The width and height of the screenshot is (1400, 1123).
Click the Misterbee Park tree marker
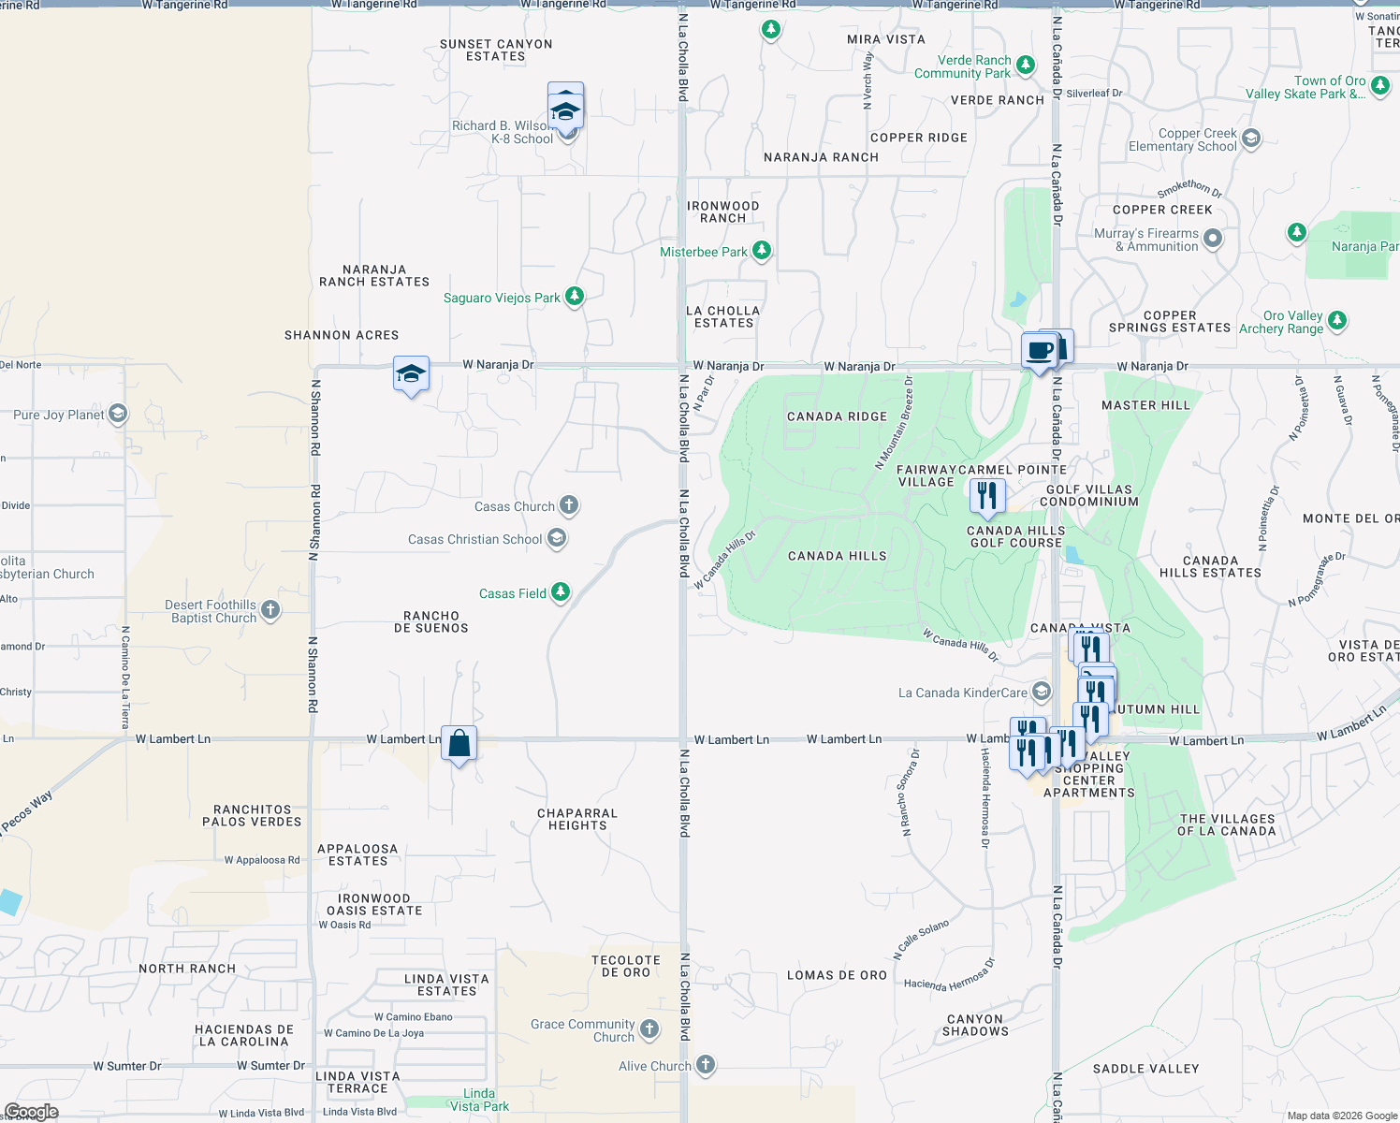click(x=762, y=250)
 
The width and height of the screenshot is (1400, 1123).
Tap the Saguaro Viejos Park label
click(x=502, y=298)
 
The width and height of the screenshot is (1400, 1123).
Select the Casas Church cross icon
click(x=569, y=505)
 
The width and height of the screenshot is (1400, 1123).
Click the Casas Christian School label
click(x=474, y=539)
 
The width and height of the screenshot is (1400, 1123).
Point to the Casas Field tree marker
click(x=561, y=591)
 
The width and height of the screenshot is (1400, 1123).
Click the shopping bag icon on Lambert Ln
click(x=459, y=744)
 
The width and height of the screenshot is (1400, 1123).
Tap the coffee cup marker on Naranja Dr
click(x=1039, y=352)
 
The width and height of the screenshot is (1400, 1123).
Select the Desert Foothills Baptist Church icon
click(x=270, y=610)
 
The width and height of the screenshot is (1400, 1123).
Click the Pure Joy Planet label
click(x=59, y=415)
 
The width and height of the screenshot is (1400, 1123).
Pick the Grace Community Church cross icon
click(x=649, y=1029)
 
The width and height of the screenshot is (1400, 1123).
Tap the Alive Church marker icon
click(x=706, y=1064)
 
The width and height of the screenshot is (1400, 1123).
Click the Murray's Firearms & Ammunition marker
click(x=1213, y=239)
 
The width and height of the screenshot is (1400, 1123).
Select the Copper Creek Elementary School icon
click(x=1251, y=139)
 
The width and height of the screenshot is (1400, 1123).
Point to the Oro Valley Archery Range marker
click(x=1337, y=320)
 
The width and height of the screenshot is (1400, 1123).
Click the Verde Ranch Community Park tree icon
click(x=1026, y=65)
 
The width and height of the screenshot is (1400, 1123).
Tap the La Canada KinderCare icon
click(x=1042, y=692)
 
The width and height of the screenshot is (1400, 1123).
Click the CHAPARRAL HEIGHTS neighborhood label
click(x=577, y=819)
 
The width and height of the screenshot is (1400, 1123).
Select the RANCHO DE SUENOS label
click(x=431, y=621)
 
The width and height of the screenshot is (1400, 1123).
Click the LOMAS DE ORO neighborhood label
click(x=837, y=975)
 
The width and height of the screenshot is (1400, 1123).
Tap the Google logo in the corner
click(x=31, y=1112)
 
